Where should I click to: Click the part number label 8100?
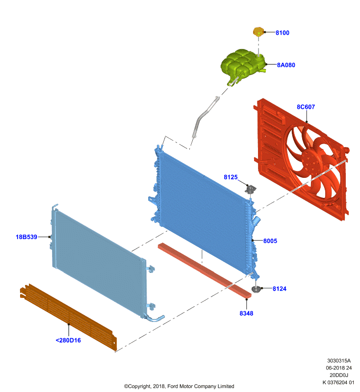coord(282,33)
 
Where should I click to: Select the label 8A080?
coord(286,65)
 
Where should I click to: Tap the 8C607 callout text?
coord(306,107)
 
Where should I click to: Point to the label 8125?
coord(231,177)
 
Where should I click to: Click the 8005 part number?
coord(270,241)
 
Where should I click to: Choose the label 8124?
coord(280,289)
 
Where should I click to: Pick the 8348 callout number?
coord(246,313)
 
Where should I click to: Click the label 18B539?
coord(26,237)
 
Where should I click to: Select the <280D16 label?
coord(68,340)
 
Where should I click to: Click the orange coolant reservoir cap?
coord(258,32)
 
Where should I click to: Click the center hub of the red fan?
coord(311,161)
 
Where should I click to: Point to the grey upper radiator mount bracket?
coord(251,189)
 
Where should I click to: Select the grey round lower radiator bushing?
coord(256,289)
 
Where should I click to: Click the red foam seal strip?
coord(205,270)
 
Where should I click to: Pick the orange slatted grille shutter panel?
coord(68,317)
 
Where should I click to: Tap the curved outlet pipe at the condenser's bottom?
coord(154,318)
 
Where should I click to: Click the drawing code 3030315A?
coord(339,361)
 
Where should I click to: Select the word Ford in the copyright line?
coord(173,386)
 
